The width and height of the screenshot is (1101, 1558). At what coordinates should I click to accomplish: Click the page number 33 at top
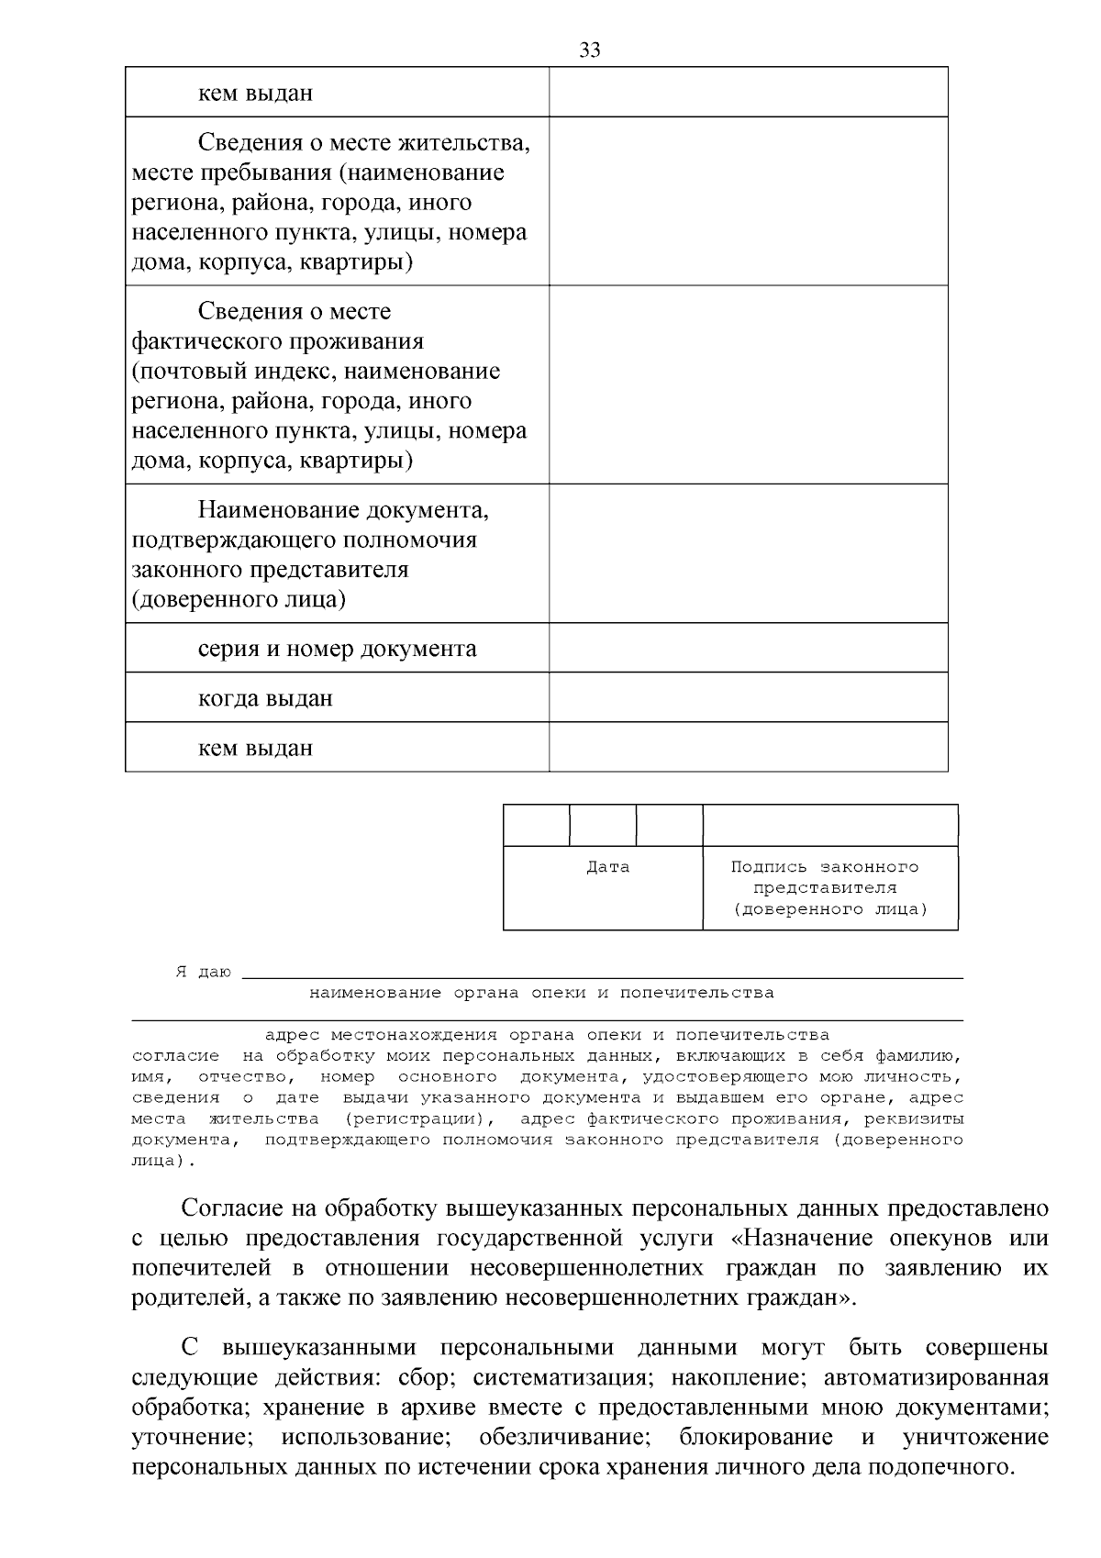(x=590, y=50)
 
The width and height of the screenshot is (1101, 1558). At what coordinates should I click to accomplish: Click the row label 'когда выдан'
(x=265, y=698)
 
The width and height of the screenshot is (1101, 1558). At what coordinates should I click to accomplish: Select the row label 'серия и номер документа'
(x=337, y=649)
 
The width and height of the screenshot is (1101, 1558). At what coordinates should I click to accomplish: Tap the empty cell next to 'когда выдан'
(x=748, y=697)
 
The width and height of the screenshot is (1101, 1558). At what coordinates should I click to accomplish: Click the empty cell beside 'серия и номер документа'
(x=748, y=648)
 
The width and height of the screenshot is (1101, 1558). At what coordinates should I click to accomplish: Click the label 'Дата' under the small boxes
(x=607, y=867)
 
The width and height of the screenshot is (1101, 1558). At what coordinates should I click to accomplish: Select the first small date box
(x=537, y=825)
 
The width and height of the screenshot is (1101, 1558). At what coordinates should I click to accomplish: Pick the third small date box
(x=670, y=825)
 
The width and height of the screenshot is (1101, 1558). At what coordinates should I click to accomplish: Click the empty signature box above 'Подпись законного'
(x=830, y=825)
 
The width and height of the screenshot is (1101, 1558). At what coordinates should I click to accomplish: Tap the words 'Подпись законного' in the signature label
(x=825, y=867)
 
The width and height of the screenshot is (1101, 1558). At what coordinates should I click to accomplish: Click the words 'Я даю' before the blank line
(x=203, y=973)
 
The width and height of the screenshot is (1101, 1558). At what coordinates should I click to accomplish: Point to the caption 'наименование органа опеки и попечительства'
(x=541, y=993)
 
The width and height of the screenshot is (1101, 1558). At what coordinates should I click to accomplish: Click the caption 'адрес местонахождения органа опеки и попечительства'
(x=547, y=1035)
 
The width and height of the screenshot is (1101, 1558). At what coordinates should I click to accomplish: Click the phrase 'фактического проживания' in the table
(x=277, y=341)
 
